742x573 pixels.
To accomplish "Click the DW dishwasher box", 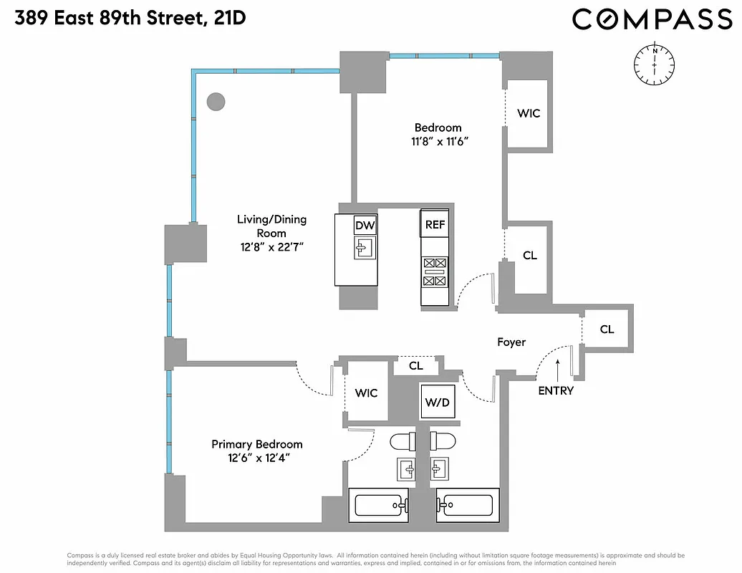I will tap(365, 226).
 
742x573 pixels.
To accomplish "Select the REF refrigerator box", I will tap(435, 225).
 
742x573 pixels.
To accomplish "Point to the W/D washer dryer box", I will tap(437, 403).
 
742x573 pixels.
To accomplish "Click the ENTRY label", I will tap(556, 391).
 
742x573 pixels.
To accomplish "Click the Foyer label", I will tap(511, 342).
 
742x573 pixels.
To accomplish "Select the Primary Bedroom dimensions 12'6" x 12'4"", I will tap(256, 457).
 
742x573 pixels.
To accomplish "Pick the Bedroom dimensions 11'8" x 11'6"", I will tap(438, 142).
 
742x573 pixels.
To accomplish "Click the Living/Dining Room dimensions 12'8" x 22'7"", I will tap(271, 246).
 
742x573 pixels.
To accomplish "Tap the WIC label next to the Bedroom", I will tap(529, 113).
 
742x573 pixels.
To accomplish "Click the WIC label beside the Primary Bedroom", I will tap(366, 393).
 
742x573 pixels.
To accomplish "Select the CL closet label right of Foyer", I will tap(607, 329).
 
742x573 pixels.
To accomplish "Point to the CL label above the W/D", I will tap(416, 366).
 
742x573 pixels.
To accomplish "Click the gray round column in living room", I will tap(216, 102).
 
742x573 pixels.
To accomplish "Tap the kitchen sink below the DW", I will tap(365, 249).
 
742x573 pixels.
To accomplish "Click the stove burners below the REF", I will tap(435, 271).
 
